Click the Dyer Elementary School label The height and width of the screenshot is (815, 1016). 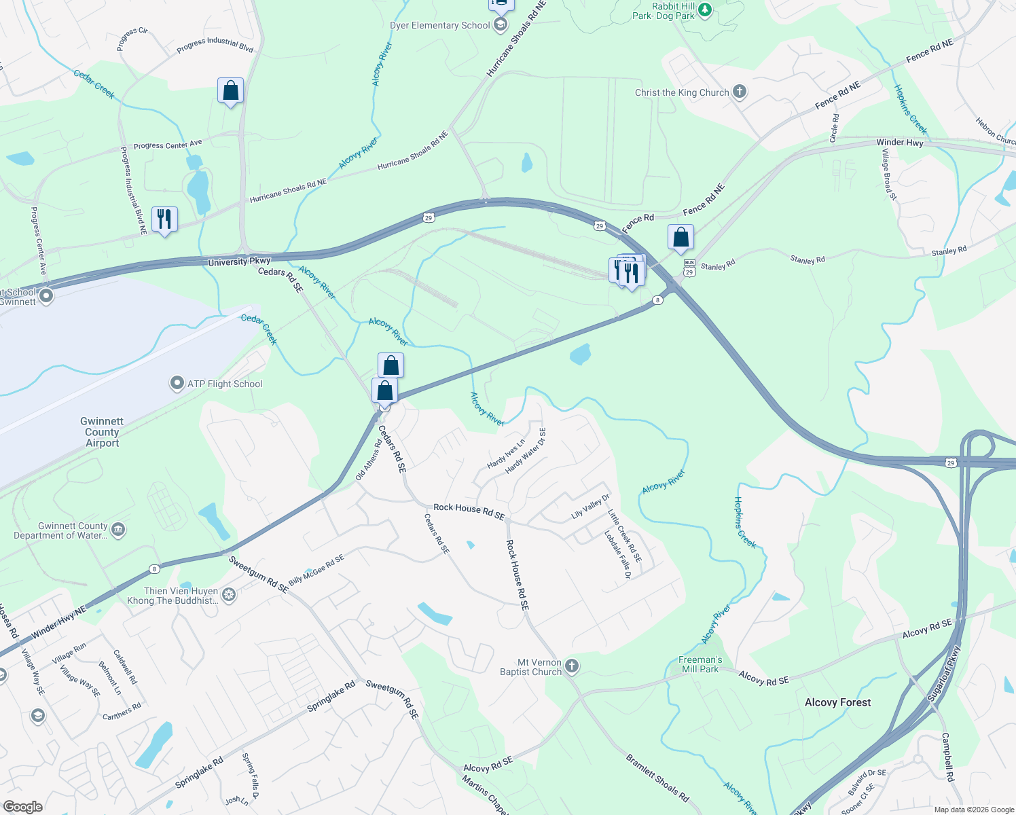pyautogui.click(x=439, y=26)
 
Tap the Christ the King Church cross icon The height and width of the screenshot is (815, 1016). pyautogui.click(x=740, y=92)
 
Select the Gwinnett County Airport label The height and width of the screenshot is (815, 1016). pyautogui.click(x=103, y=432)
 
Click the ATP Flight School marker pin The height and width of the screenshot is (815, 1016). pyautogui.click(x=177, y=384)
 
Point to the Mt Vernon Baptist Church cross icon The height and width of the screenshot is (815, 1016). pyautogui.click(x=572, y=666)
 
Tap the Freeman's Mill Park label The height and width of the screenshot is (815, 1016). pyautogui.click(x=700, y=664)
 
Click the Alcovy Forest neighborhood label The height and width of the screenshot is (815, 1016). pyautogui.click(x=837, y=702)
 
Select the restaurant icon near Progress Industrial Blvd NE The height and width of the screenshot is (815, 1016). pyautogui.click(x=164, y=219)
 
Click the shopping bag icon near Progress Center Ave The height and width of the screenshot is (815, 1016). pyautogui.click(x=230, y=90)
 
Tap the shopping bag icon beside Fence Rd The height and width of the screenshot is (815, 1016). pyautogui.click(x=681, y=237)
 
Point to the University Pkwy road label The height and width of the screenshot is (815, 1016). pyautogui.click(x=239, y=262)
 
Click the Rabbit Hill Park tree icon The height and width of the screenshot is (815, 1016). pyautogui.click(x=705, y=10)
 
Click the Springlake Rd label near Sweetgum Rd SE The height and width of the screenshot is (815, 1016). pyautogui.click(x=331, y=697)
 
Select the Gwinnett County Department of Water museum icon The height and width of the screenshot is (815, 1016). pyautogui.click(x=118, y=530)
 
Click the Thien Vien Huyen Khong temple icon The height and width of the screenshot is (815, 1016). pyautogui.click(x=229, y=596)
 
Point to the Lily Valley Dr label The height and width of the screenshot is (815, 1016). pyautogui.click(x=590, y=507)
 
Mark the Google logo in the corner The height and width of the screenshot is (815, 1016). pyautogui.click(x=23, y=807)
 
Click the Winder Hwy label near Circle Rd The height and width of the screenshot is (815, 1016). pyautogui.click(x=900, y=143)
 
